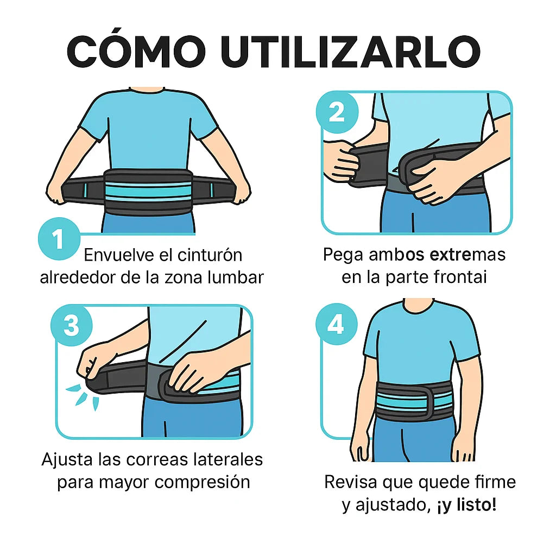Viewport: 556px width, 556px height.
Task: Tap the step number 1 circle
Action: (59, 239)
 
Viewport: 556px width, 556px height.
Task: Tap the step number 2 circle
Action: (337, 113)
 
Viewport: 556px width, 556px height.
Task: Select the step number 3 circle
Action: (71, 326)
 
